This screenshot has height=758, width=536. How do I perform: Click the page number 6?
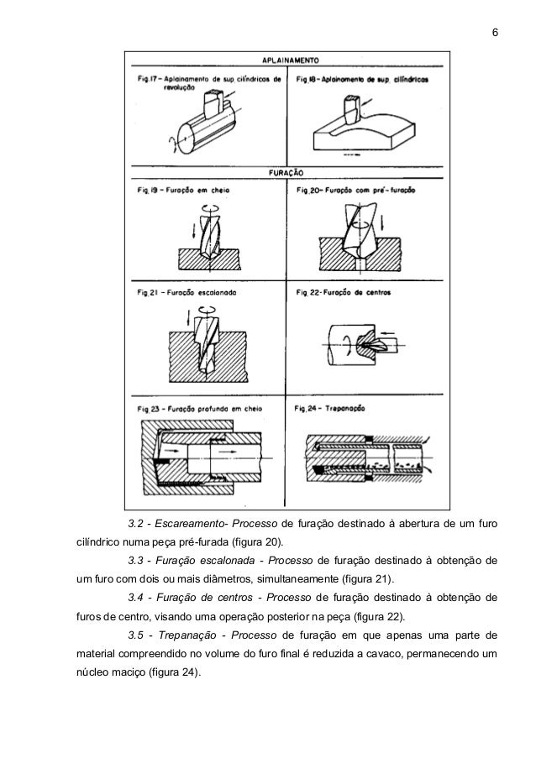click(x=494, y=33)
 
